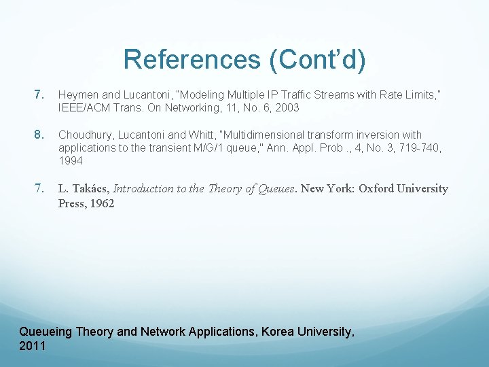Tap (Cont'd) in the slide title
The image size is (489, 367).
[x=318, y=60]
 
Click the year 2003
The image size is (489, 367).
[x=287, y=107]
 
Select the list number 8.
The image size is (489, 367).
[x=39, y=135]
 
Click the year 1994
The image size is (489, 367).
[x=70, y=160]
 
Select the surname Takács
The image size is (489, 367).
[x=90, y=188]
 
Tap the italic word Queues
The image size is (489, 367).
[x=276, y=188]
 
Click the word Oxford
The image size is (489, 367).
[x=376, y=188]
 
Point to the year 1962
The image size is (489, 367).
[x=101, y=203]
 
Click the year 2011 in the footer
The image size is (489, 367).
[x=33, y=346]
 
